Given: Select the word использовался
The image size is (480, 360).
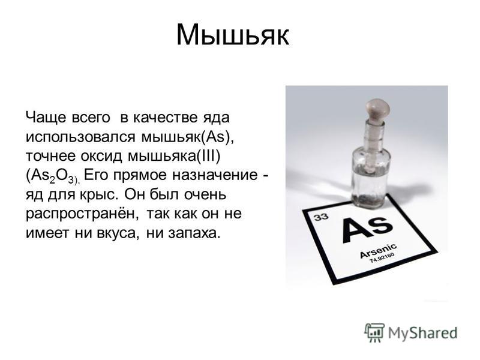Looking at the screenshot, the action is [80, 137].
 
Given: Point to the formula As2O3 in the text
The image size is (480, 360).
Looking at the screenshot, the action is [52, 176].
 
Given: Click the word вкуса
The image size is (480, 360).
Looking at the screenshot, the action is [116, 233].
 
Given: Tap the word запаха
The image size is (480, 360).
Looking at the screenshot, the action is [194, 233].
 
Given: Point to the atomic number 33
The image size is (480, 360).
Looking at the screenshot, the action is [321, 217].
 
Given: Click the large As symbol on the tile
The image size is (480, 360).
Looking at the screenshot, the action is [366, 228].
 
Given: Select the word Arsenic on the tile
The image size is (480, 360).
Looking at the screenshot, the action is [379, 251].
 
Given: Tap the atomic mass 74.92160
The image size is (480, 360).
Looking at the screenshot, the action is [382, 258].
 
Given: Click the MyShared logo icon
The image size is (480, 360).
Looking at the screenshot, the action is [374, 332].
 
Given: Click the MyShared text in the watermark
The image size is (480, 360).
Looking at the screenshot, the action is [422, 333].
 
